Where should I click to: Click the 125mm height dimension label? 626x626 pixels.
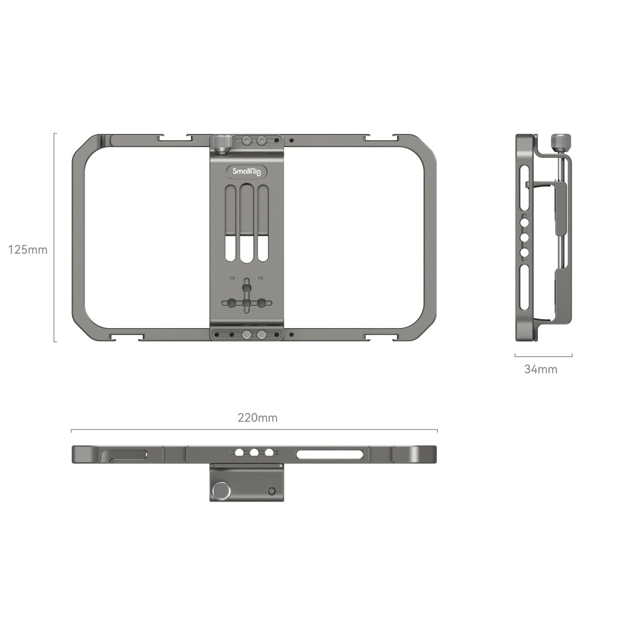tap(28, 250)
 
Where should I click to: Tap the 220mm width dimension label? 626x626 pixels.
tap(257, 418)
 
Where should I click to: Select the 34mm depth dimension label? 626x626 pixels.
tap(540, 369)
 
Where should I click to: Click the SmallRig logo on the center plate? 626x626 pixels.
tap(247, 172)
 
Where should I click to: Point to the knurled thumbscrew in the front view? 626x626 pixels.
tap(220, 143)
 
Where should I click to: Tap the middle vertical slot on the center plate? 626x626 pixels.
tap(247, 223)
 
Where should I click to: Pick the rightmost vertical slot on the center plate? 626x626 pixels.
tap(263, 223)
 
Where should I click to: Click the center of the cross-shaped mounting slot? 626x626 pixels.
tap(247, 303)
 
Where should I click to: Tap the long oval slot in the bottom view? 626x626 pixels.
tap(330, 454)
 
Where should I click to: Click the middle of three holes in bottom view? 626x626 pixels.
tap(254, 453)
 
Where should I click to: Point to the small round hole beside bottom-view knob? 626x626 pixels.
tap(271, 491)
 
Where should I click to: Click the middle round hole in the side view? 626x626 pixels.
tap(525, 238)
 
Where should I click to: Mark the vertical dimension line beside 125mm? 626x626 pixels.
tap(54, 237)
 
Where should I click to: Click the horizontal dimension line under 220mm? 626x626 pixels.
tap(254, 430)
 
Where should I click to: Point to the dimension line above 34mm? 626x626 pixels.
tap(543, 356)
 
